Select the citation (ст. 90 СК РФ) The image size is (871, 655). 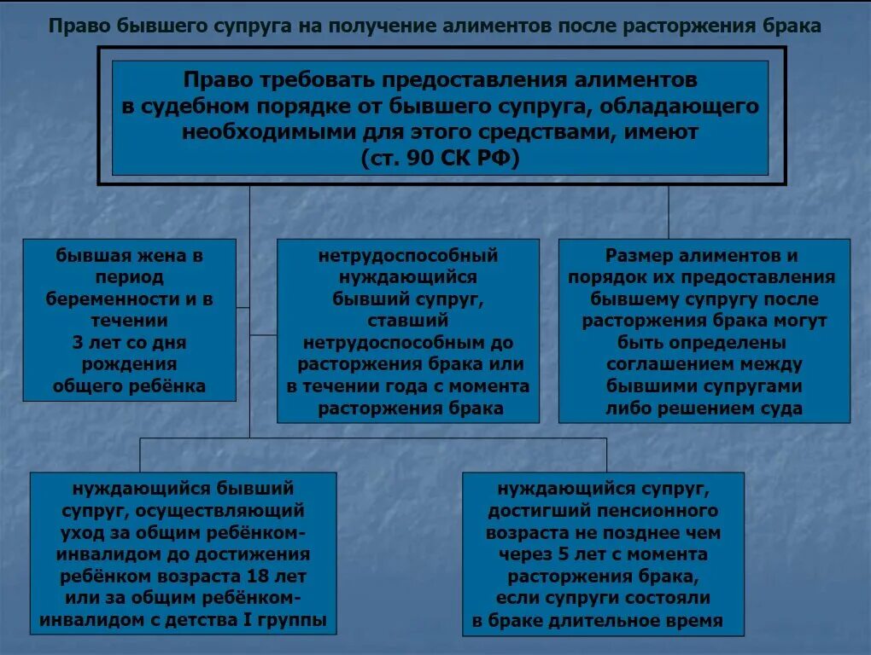440,159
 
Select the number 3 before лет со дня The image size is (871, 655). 78,343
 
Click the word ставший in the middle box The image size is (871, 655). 407,321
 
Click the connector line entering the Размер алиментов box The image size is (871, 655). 669,213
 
